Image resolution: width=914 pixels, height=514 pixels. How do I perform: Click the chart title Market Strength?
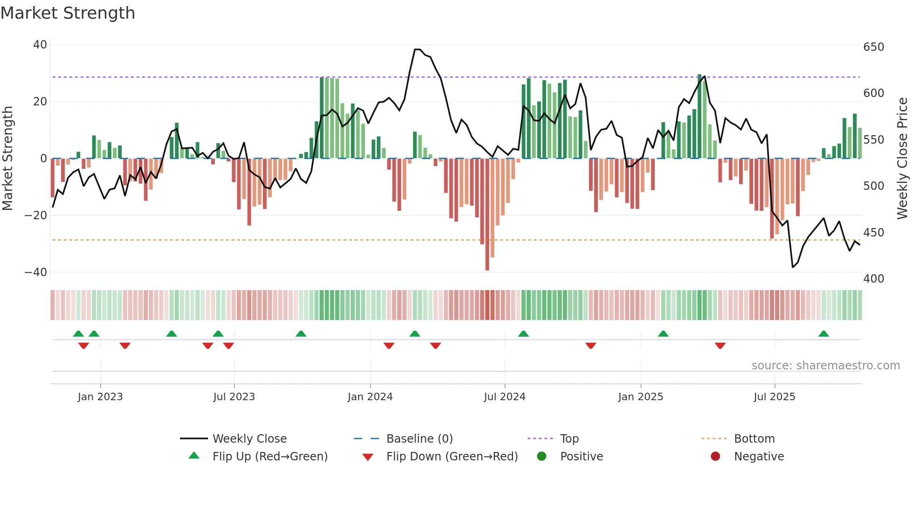pos(68,13)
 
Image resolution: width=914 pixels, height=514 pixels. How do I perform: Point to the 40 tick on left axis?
pos(40,45)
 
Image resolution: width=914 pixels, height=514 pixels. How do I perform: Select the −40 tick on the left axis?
pos(36,272)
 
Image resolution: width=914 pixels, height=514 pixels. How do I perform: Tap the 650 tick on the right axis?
pos(873,47)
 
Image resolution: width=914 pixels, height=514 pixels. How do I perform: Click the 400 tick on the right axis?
pos(873,279)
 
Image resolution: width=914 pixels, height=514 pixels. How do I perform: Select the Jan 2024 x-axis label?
pos(370,397)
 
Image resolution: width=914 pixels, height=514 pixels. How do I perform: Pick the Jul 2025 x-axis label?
pos(774,397)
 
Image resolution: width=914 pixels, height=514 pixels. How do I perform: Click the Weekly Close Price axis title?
pos(902,159)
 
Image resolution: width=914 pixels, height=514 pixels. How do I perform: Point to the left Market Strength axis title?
pos(8,159)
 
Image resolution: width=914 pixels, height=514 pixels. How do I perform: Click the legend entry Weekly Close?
pos(249,439)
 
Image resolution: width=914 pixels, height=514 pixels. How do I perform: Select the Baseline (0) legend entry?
pos(419,439)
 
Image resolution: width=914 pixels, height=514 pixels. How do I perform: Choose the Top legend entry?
pos(569,439)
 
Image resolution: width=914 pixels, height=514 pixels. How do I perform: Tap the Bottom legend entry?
pos(754,439)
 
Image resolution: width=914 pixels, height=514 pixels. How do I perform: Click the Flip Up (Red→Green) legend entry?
pos(270,457)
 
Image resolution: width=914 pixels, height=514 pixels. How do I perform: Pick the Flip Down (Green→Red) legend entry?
pos(452,457)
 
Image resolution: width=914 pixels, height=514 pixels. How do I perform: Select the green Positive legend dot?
pos(541,457)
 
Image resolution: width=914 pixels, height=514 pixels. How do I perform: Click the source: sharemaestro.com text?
pos(825,366)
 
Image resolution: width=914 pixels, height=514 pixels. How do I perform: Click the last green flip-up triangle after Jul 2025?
pos(824,334)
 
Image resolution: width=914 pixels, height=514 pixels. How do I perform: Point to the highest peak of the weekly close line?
pos(417,49)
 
